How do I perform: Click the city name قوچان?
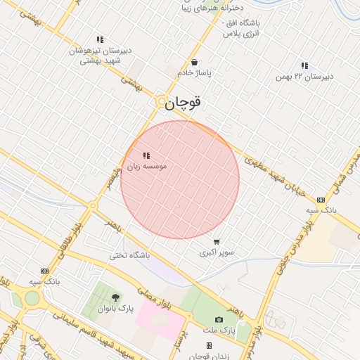coord(184,103)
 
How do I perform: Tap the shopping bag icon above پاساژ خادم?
coord(194,62)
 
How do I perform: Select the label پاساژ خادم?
coord(195,72)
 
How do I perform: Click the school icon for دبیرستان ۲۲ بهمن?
coord(304,65)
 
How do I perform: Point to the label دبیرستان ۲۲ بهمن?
coord(304,76)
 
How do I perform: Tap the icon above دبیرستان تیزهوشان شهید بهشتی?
coord(100,40)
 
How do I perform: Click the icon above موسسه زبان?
coord(146,155)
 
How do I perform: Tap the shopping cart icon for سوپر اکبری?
coord(217,241)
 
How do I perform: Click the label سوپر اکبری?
coord(217,252)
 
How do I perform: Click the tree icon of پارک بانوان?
coord(115,297)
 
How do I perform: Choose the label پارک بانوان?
coord(115,308)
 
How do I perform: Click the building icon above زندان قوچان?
coord(209,345)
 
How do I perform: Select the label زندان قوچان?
coord(209,355)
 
